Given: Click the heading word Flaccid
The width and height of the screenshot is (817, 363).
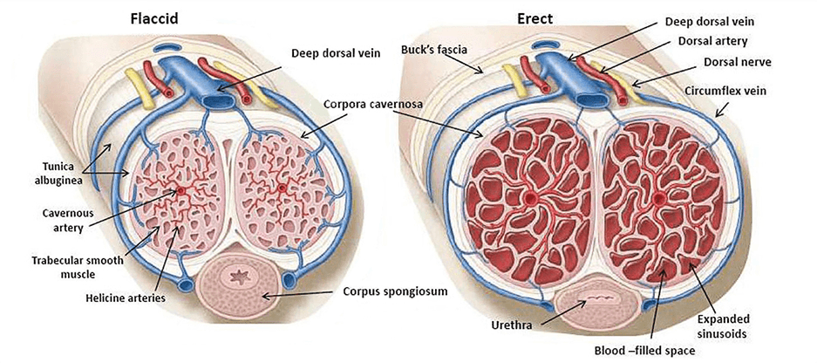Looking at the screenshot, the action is coord(153,19).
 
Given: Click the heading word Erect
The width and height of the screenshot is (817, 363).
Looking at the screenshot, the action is coord(534,19).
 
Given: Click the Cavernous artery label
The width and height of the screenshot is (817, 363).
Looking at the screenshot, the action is coord(61,220).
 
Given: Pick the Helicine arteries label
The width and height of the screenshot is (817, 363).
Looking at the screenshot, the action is coord(125,298).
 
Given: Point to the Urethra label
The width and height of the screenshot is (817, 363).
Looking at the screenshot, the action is coord(512,326).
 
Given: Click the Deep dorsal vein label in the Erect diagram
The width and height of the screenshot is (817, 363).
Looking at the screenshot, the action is coord(710,21).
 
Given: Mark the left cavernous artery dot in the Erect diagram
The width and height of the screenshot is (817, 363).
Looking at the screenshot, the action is coord(531,198).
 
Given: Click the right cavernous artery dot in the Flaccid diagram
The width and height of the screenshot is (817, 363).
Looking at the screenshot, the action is coord(282,188).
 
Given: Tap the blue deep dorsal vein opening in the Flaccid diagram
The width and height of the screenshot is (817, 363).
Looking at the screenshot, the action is coord(217,100).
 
